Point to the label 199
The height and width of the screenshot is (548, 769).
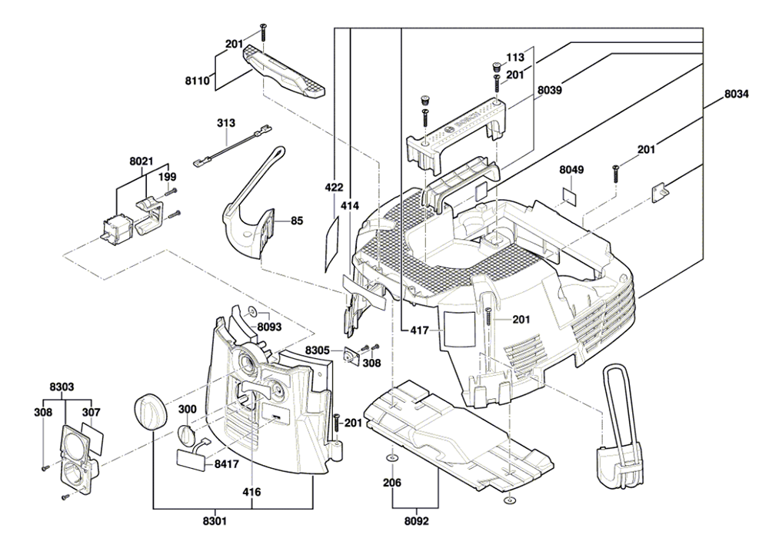click(x=167, y=177)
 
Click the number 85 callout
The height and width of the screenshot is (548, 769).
click(x=297, y=221)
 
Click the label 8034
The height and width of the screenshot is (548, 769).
click(x=737, y=96)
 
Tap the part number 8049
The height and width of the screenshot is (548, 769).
click(x=571, y=168)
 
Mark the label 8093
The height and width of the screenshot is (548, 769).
click(x=269, y=327)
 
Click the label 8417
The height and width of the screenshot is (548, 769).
click(x=226, y=464)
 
